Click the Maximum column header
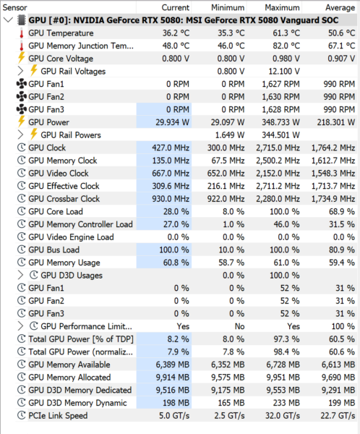point(282,7)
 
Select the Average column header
point(340,7)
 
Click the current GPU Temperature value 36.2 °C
point(176,33)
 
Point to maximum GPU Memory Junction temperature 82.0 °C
point(286,46)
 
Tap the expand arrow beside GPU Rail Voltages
point(20,71)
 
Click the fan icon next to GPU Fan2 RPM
point(22,97)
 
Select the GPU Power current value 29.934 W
point(172,122)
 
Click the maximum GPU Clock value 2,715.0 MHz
point(278,148)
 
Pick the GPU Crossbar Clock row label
point(64,199)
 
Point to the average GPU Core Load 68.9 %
point(342,211)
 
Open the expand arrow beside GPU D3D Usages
point(20,275)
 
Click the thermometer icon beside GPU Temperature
point(22,33)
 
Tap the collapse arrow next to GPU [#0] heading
point(8,20)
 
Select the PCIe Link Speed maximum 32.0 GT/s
point(283,415)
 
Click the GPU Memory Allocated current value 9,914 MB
point(172,378)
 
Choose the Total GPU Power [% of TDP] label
point(81,339)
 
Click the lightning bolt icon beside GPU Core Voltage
point(21,58)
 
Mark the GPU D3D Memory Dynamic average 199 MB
point(342,403)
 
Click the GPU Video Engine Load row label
point(71,237)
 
